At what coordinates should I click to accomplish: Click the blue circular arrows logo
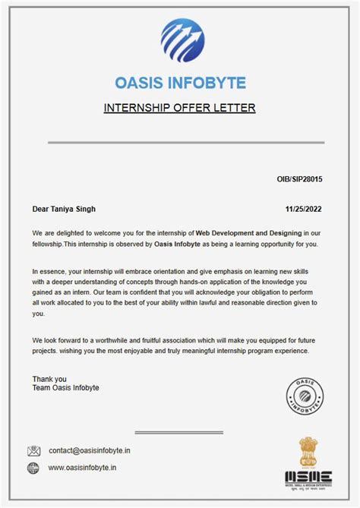tap(182, 41)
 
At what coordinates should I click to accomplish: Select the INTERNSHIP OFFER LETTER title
tap(179, 108)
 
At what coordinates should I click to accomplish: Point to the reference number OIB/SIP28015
tap(299, 179)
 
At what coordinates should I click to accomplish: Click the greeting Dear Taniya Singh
tap(64, 209)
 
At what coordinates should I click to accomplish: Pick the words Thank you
tap(49, 378)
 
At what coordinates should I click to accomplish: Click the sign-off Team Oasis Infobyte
tap(65, 388)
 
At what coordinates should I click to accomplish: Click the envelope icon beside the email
tap(33, 450)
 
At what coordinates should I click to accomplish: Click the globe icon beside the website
tap(33, 469)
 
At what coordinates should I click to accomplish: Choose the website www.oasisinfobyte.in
tap(82, 469)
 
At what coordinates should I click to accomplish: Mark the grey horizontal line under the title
tap(185, 142)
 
